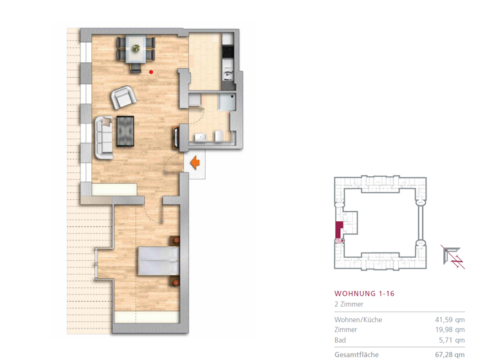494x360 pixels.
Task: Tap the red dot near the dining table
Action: (x=151, y=72)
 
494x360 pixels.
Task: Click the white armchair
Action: (x=124, y=97)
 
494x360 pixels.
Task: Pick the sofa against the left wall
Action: (x=103, y=137)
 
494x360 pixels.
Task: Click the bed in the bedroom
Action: (x=158, y=261)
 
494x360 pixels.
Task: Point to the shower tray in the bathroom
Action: (x=226, y=103)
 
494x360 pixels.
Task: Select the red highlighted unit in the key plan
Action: (x=338, y=230)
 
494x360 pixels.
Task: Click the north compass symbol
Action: (x=453, y=255)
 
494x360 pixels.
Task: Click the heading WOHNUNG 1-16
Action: (x=364, y=293)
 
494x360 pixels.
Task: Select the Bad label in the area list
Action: (x=340, y=340)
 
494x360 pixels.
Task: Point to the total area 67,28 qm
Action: (x=450, y=354)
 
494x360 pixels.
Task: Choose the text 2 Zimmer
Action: (x=349, y=304)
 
